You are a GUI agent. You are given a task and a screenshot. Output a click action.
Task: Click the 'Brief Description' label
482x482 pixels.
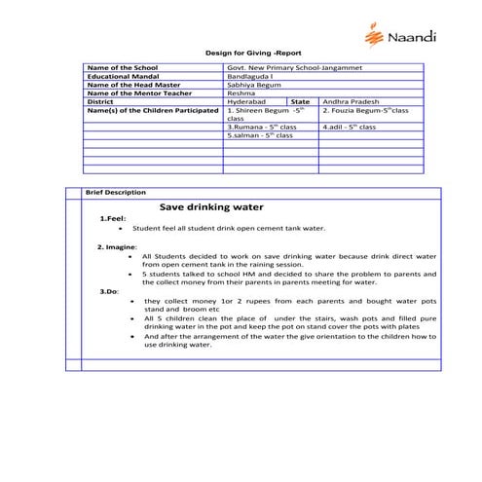(x=116, y=193)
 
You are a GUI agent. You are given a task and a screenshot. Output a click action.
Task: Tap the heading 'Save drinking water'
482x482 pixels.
(x=211, y=207)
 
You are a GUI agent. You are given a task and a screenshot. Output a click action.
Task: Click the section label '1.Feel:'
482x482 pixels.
(x=113, y=219)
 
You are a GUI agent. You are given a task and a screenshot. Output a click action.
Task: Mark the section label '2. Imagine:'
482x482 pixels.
(x=116, y=247)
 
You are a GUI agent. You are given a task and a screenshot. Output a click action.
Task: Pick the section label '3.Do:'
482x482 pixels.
(x=109, y=291)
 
